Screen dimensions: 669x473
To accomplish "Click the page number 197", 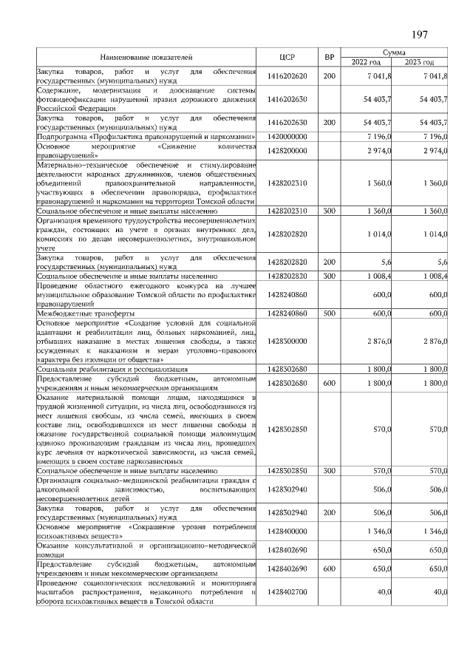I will tap(418, 35).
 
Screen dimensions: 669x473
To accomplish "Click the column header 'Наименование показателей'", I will tap(146, 56).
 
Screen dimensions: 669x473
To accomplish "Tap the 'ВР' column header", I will tap(329, 56).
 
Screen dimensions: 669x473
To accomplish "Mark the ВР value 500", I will tap(329, 313).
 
